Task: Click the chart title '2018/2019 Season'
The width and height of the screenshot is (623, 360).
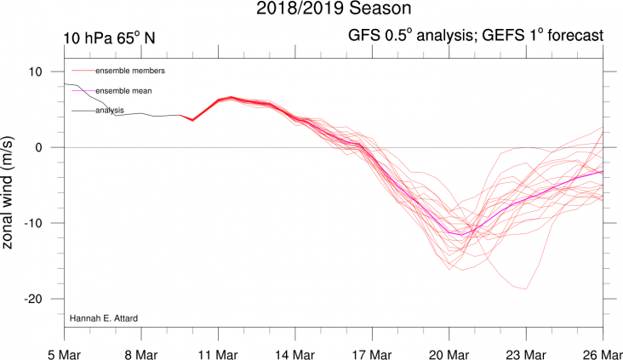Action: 311,10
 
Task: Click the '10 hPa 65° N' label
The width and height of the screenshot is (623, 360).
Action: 108,37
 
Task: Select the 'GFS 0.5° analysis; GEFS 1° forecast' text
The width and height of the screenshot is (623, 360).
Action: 476,36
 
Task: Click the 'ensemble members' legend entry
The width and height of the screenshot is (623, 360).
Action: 129,70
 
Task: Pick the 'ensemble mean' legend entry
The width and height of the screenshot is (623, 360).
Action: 123,90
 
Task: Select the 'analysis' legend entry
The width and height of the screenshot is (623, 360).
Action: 110,110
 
